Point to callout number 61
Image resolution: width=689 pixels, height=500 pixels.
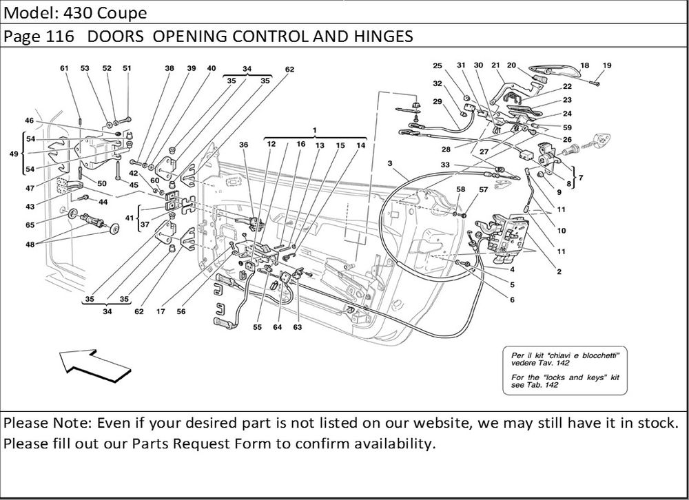point(64,68)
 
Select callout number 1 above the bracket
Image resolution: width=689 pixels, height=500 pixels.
point(314,129)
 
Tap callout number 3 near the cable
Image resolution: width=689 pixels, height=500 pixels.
point(390,163)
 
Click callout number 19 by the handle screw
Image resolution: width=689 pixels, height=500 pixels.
point(607,65)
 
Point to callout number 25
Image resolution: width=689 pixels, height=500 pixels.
point(437,65)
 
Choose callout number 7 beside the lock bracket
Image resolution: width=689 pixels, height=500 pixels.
point(581,178)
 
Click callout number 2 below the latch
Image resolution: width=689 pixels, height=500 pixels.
point(559,271)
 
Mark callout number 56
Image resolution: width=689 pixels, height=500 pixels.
point(181,311)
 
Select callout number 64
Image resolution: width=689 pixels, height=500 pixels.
point(277,328)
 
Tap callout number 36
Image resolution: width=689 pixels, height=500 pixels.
point(243,145)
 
